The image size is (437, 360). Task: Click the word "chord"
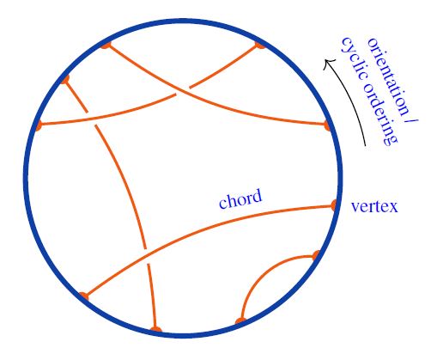pos(240,198)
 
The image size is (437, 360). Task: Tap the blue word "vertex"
pos(374,206)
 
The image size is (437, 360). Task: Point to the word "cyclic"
pos(354,58)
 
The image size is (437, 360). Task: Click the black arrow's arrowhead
pos(327,63)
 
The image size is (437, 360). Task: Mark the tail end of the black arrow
pos(366,146)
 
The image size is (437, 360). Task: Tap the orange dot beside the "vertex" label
pos(334,205)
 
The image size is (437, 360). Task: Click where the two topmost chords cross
pos(183,90)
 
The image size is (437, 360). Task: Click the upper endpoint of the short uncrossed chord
pos(316,255)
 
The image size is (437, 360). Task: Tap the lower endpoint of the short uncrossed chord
pos(241,321)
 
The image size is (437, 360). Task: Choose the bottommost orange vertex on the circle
pos(155,329)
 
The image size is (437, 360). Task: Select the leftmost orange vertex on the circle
pos(39,125)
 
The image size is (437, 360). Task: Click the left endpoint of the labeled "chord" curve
pos(84,296)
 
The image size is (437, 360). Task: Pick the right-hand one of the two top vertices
pos(259,45)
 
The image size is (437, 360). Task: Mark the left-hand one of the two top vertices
pos(106,46)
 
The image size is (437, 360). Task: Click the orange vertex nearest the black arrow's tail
pos(327,125)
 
